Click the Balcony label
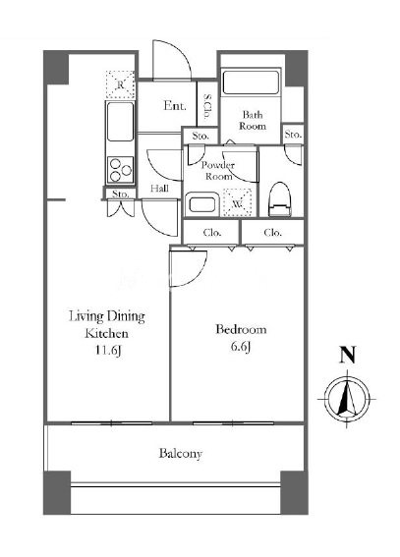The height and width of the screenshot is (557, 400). [181, 454]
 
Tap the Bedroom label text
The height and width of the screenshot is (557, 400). [241, 329]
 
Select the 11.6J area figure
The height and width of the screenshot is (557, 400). [108, 351]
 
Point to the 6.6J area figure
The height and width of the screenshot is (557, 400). [241, 347]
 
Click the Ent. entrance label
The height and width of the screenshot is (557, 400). [175, 105]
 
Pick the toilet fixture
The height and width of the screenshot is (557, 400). [280, 199]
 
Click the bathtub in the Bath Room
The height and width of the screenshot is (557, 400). [251, 83]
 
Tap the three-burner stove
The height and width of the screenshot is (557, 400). [121, 170]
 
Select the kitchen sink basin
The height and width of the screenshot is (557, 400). [121, 122]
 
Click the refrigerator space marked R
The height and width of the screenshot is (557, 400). [121, 84]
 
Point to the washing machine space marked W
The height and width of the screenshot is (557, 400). [237, 203]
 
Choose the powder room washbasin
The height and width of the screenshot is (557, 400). [201, 204]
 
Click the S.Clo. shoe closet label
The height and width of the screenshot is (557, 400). [207, 106]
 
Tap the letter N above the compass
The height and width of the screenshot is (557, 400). [348, 355]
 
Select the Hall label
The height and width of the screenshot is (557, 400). [159, 189]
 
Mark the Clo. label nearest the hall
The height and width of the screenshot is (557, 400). [212, 233]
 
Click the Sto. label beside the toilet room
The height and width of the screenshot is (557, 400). [293, 135]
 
